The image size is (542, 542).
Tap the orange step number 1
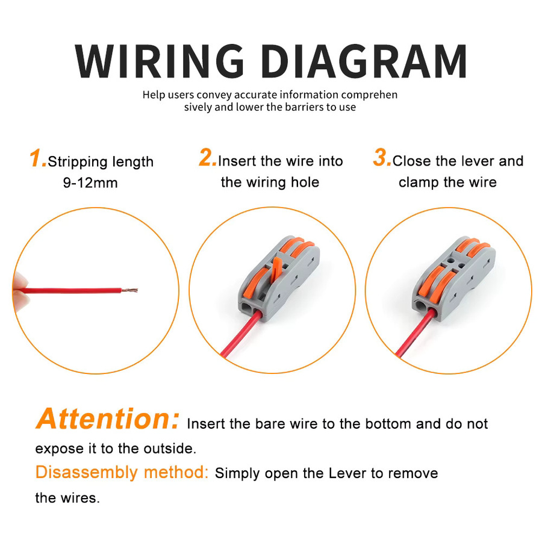coord(37,158)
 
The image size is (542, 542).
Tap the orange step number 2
coord(207,158)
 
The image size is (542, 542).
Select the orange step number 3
coord(382,158)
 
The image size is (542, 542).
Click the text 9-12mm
coord(90,183)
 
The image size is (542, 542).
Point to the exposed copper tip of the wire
coord(129,290)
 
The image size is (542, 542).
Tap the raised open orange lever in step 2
coord(276,269)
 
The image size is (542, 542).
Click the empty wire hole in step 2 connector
coord(246,307)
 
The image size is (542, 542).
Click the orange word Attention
coord(108,419)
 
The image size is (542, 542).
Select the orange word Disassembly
coord(86,473)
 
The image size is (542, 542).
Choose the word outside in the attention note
coord(170,449)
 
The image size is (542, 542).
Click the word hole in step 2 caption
coord(305,182)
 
